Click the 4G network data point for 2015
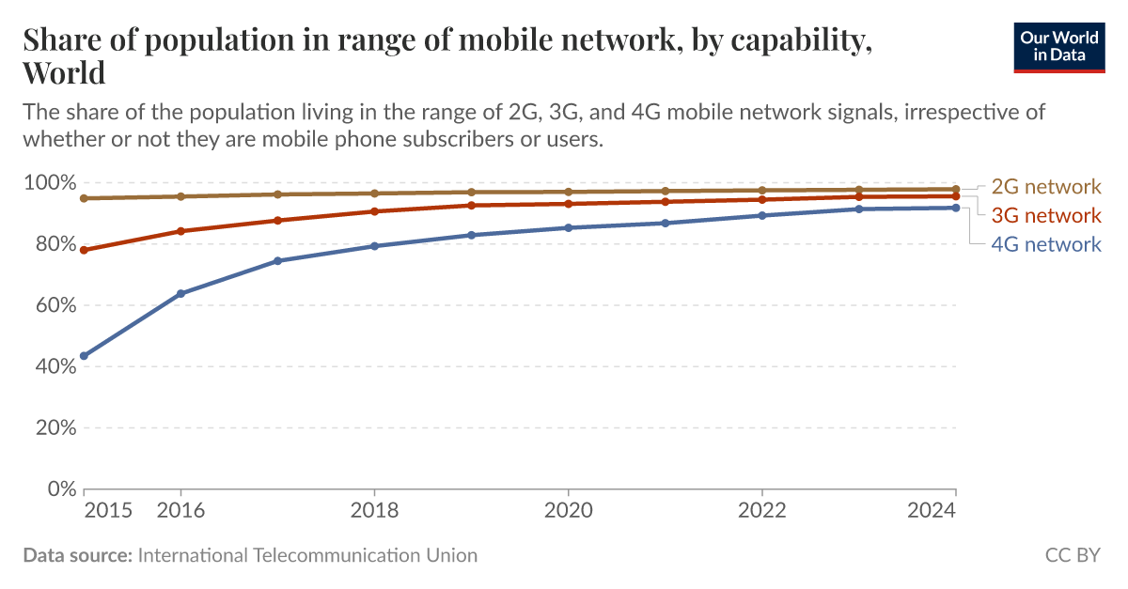pyautogui.click(x=85, y=356)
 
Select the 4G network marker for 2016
pyautogui.click(x=181, y=294)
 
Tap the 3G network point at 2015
pyautogui.click(x=85, y=250)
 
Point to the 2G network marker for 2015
pyautogui.click(x=85, y=198)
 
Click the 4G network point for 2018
pyautogui.click(x=374, y=246)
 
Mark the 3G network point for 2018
pyautogui.click(x=374, y=211)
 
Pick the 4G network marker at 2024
pyautogui.click(x=955, y=208)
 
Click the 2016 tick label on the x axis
pyautogui.click(x=180, y=510)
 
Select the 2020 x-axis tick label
pyautogui.click(x=568, y=510)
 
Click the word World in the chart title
pyautogui.click(x=64, y=72)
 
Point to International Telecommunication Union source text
pyautogui.click(x=307, y=555)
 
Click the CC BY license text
pyautogui.click(x=1072, y=555)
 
